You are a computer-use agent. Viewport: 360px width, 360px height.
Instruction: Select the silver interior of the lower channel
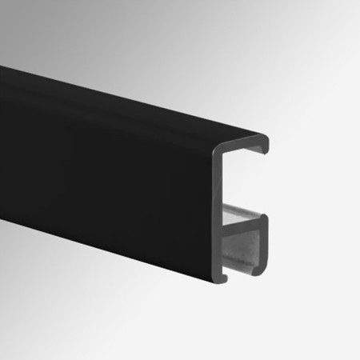(244, 240)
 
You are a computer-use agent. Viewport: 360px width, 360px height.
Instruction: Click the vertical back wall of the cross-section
(219, 208)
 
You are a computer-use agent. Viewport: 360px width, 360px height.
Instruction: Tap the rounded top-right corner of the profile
(262, 138)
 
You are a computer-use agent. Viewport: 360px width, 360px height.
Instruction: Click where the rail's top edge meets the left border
(2, 66)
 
